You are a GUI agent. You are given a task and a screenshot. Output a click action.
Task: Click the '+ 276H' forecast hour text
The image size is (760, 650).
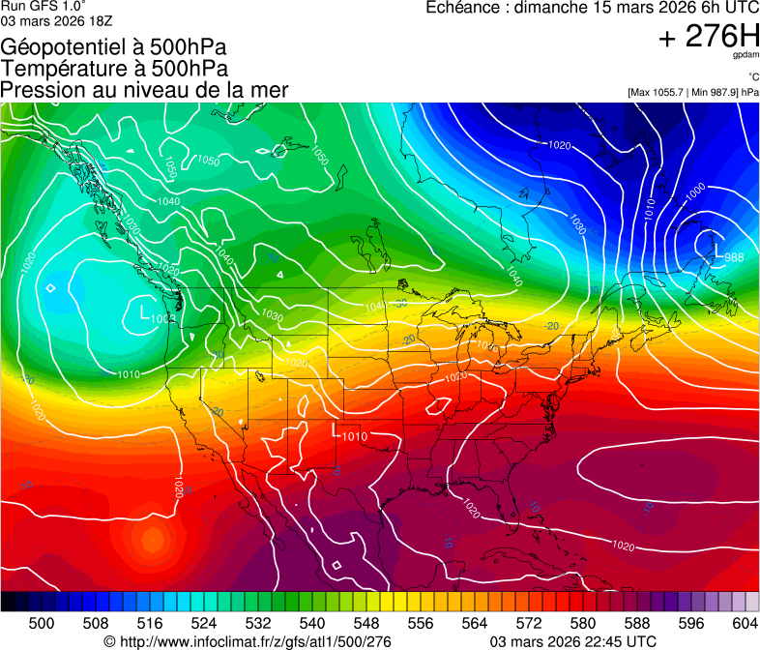[x=709, y=38]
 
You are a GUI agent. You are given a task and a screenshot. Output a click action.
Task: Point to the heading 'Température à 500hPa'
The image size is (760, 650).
[x=115, y=69]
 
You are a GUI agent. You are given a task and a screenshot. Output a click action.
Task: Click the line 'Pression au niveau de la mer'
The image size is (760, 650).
[x=144, y=90]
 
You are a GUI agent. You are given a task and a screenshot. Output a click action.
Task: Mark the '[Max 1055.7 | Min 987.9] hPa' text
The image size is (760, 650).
[x=692, y=92]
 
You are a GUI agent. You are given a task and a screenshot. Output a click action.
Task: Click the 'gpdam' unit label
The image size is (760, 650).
[x=745, y=56]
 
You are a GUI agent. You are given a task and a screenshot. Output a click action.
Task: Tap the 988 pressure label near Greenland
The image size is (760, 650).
[x=734, y=257]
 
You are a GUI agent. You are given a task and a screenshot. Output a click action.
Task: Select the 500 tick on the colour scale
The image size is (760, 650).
[x=42, y=623]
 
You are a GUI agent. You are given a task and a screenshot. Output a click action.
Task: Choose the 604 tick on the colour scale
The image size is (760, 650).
[x=745, y=623]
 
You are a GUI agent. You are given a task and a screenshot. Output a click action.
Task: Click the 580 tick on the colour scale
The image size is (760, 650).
[x=583, y=623]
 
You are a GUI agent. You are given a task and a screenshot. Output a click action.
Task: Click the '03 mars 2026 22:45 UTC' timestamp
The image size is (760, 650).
[x=573, y=641]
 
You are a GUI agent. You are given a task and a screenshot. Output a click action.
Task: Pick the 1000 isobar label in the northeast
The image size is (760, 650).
[x=694, y=192]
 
